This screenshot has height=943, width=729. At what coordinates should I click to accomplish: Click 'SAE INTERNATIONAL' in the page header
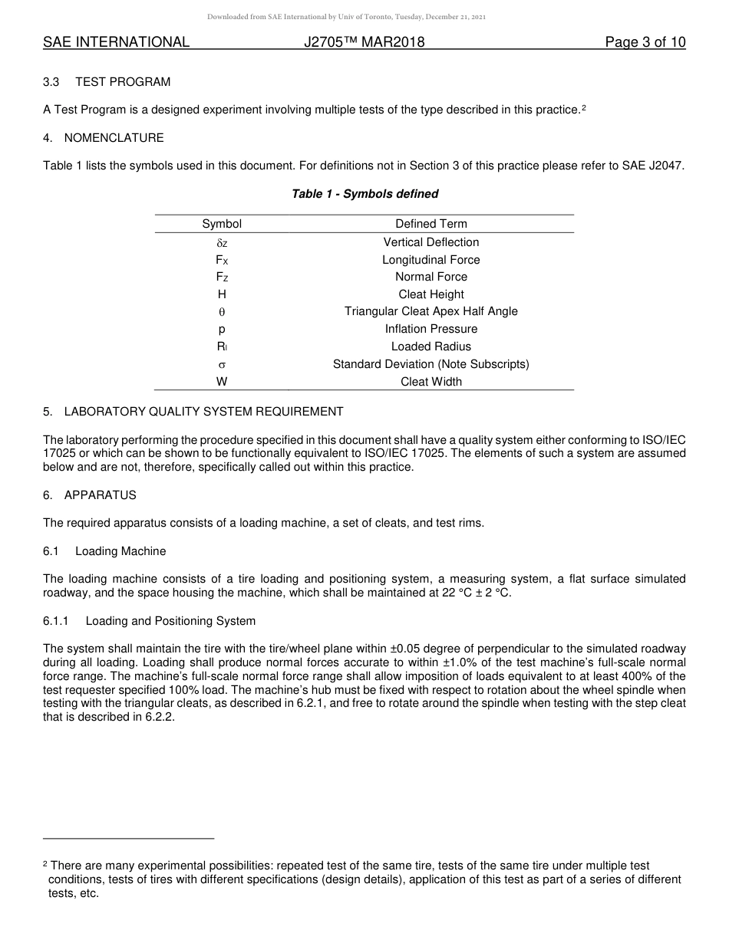point(116,42)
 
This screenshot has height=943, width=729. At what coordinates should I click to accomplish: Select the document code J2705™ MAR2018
point(364,42)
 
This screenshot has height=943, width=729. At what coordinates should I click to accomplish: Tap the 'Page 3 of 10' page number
point(645,42)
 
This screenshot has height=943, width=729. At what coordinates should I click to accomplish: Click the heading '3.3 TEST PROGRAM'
point(107,82)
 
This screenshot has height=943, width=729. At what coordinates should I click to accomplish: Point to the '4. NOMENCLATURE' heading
point(104,138)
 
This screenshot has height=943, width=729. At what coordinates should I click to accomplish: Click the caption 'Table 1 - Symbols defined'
point(364,194)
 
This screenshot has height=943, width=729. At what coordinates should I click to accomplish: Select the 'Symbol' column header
point(222,224)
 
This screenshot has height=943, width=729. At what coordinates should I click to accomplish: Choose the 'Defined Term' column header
point(430,224)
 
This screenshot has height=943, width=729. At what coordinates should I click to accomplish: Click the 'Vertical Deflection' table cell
point(430,242)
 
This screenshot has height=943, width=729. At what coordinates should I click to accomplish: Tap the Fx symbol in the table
point(222,260)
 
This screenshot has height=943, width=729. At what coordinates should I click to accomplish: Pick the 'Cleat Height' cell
point(430,294)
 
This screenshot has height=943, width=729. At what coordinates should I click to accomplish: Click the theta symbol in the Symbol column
point(222,312)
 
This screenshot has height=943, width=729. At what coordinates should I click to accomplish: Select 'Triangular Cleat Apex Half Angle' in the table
point(430,311)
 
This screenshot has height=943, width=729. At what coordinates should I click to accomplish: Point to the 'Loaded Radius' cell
point(430,347)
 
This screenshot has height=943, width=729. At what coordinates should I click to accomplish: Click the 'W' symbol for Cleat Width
point(222,381)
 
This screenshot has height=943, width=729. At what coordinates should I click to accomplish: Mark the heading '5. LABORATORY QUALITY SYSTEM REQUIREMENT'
point(193,412)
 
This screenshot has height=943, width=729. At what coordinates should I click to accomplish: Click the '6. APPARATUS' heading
point(90,495)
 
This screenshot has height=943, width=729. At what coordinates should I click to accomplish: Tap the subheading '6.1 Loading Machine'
point(104,551)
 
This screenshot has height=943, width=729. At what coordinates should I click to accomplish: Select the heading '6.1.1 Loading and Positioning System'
point(149,621)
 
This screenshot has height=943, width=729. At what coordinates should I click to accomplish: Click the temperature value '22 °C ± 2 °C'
point(472,593)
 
